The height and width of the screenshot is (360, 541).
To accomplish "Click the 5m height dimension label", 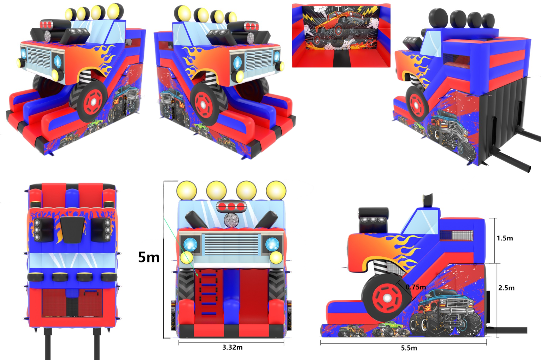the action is pyautogui.click(x=149, y=257).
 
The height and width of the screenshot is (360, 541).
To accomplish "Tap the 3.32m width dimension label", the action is pyautogui.click(x=232, y=348).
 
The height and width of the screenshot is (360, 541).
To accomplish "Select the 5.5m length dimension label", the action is pyautogui.click(x=409, y=348).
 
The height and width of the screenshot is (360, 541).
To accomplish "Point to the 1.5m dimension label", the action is pyautogui.click(x=505, y=238).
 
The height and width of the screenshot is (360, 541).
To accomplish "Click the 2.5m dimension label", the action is pyautogui.click(x=506, y=288).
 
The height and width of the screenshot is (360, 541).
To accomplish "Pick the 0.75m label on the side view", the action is pyautogui.click(x=416, y=287).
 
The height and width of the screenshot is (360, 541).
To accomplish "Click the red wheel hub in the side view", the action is pyautogui.click(x=387, y=298).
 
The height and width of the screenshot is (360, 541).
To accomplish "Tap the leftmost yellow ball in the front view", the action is pyautogui.click(x=186, y=190).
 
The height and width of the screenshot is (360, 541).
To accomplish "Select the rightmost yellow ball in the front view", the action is pyautogui.click(x=276, y=190).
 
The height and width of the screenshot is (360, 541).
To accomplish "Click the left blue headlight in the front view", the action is pyautogui.click(x=191, y=245).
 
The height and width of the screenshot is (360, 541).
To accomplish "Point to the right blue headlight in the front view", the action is pyautogui.click(x=273, y=245).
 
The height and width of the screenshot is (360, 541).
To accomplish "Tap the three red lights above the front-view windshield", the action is pyautogui.click(x=231, y=207).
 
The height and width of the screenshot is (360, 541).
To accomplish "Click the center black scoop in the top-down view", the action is pyautogui.click(x=72, y=229).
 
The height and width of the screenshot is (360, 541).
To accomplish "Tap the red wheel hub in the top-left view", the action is pyautogui.click(x=93, y=102).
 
